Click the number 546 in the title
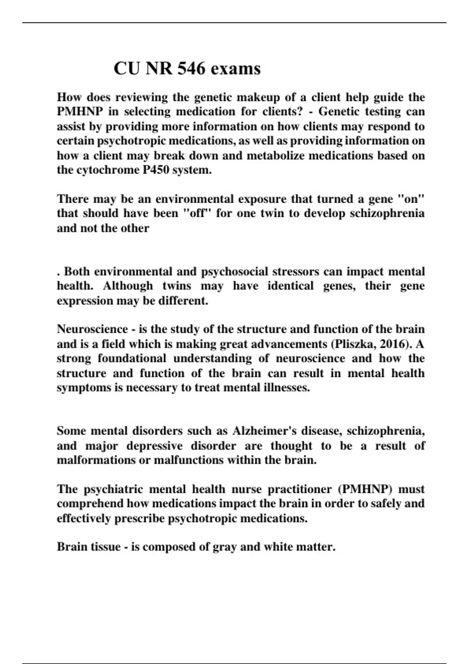[x=191, y=69]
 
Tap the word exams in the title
[x=235, y=69]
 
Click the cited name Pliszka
[x=354, y=344]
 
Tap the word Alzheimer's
[x=265, y=431]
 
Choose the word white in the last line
[x=276, y=547]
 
